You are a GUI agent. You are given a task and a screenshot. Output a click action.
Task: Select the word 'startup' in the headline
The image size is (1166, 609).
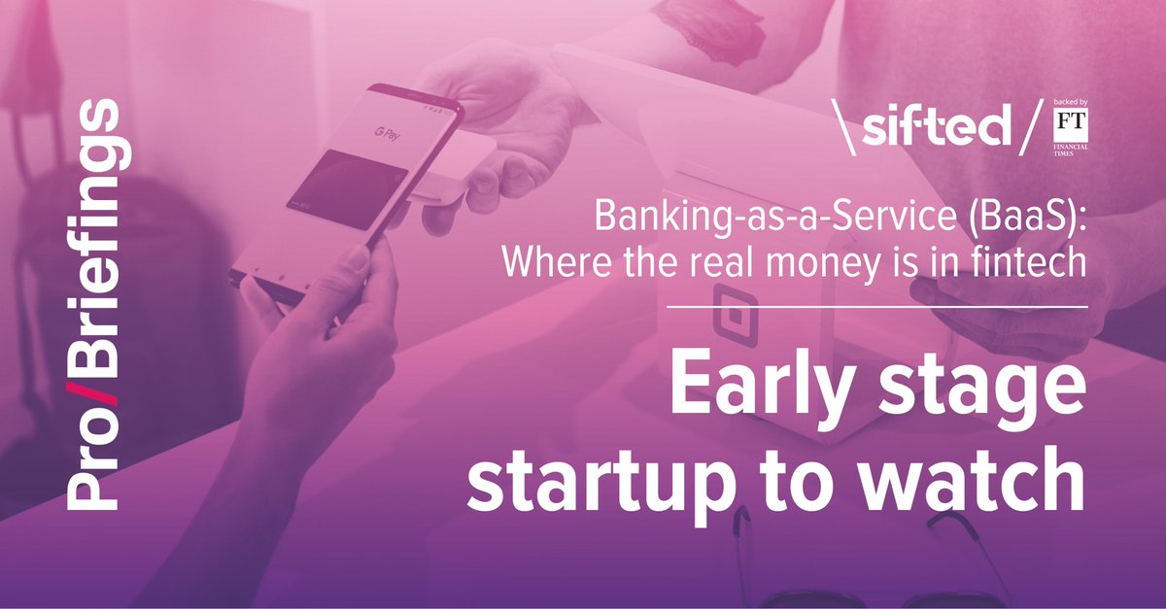tap(594, 481)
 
